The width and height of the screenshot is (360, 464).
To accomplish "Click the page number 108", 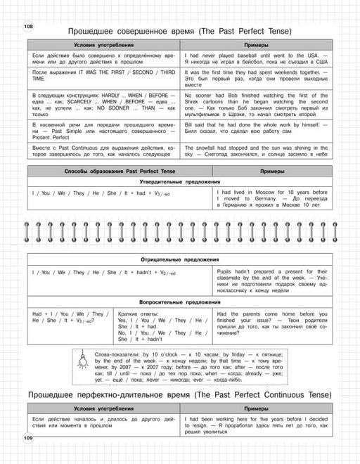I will tap(28, 27).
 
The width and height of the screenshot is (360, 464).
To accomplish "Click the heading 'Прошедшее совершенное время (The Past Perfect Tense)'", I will tap(179, 32).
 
